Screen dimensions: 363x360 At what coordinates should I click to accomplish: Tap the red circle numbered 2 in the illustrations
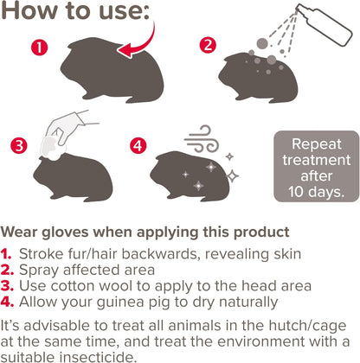coord(207,43)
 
